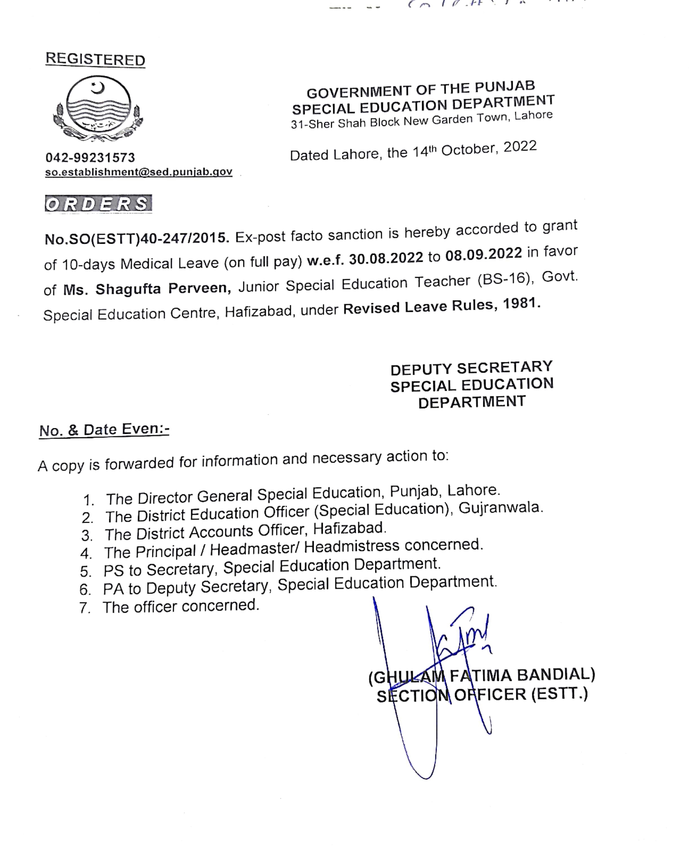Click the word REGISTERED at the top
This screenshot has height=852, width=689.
[x=95, y=59]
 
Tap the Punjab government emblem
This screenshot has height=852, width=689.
[x=98, y=108]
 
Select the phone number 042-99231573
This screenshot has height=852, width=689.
[x=90, y=158]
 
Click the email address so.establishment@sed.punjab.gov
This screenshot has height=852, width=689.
[x=138, y=172]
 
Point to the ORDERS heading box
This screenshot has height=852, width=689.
[x=98, y=204]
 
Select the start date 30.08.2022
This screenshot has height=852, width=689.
[x=386, y=258]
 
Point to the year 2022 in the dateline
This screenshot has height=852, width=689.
[x=520, y=147]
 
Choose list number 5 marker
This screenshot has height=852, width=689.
[x=86, y=571]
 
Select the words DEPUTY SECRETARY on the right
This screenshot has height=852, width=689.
[x=472, y=368]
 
